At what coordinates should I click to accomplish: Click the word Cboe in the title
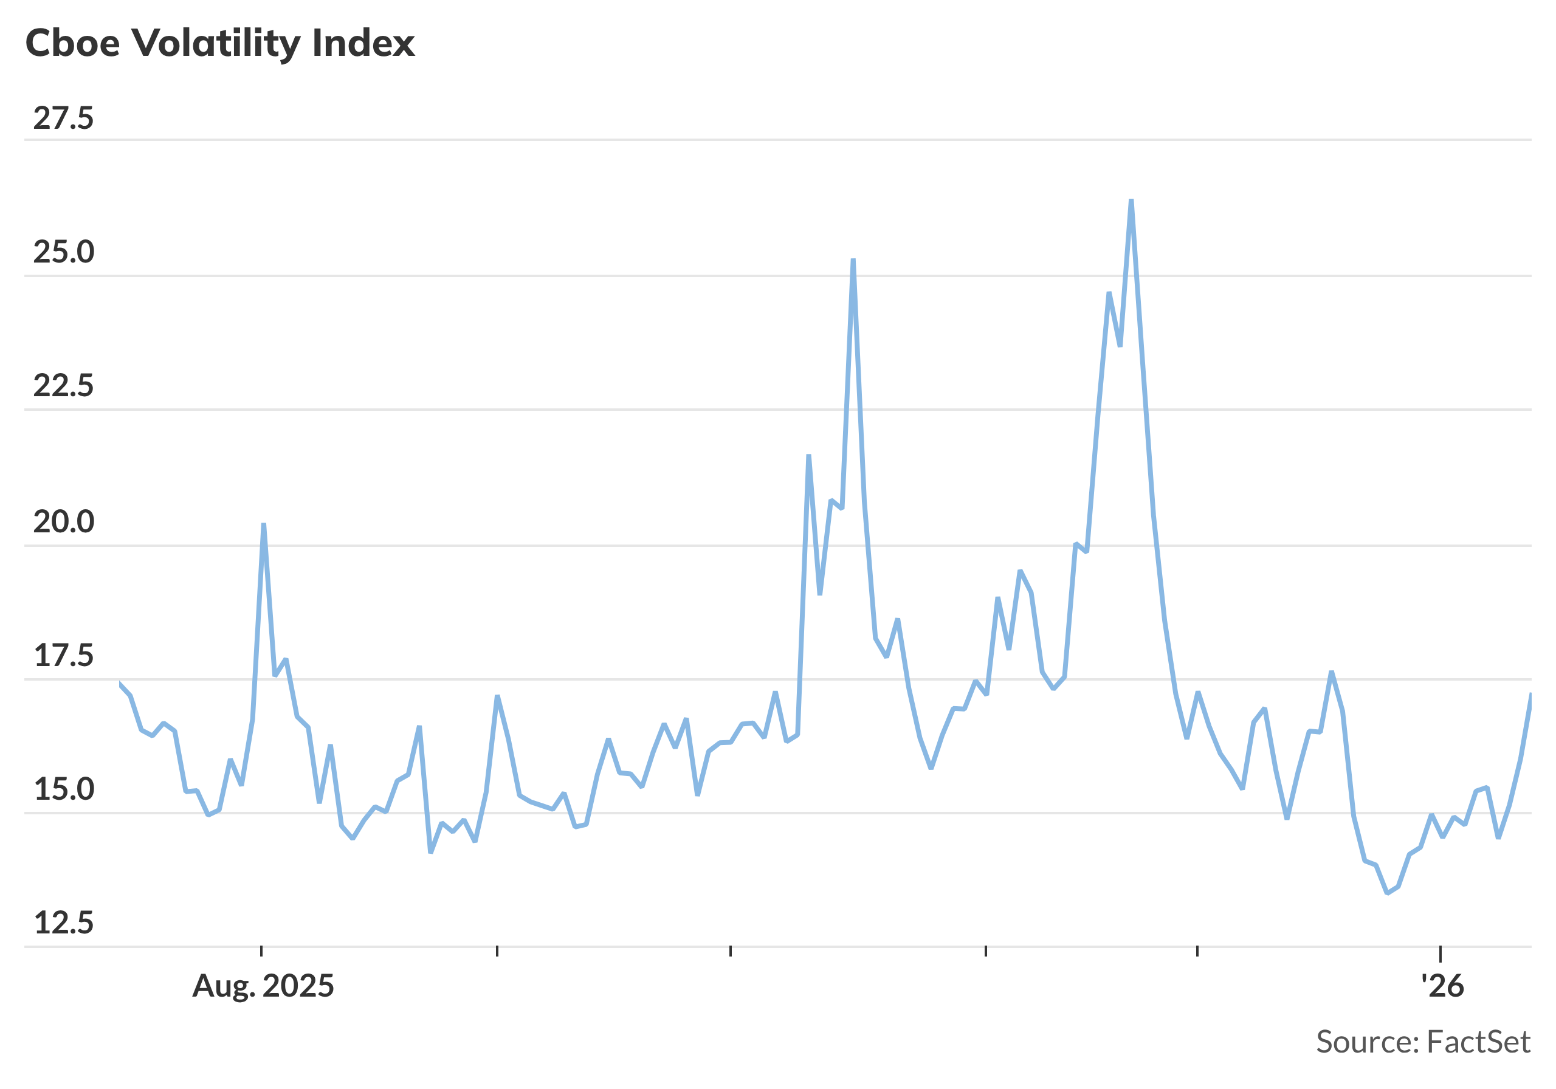[72, 43]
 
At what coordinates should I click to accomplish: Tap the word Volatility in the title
[216, 43]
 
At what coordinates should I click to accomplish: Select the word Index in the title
[363, 43]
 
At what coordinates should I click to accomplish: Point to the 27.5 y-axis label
[63, 119]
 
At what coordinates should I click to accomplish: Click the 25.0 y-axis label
[63, 253]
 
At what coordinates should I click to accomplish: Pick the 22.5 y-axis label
[63, 387]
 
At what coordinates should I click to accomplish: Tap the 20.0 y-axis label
[63, 522]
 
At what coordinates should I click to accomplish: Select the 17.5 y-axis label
[63, 656]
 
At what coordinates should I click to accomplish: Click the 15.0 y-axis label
[63, 790]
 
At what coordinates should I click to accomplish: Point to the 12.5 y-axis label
[63, 924]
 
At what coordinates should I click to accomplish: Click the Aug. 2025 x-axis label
[263, 987]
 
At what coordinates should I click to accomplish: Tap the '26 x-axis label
[1442, 987]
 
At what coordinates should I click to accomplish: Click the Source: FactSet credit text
[1422, 1042]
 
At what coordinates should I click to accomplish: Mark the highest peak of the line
[1131, 201]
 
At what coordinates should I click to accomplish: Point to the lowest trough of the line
[1387, 893]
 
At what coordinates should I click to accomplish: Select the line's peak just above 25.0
[853, 260]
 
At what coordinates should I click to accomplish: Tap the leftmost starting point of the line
[119, 684]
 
